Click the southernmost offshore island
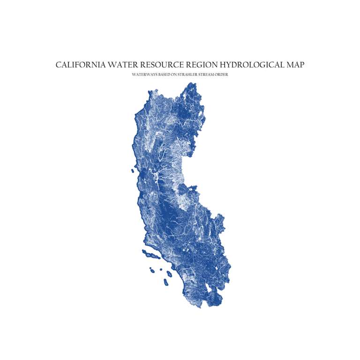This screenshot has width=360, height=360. [x=166, y=282]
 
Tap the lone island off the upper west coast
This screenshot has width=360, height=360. [x=133, y=171]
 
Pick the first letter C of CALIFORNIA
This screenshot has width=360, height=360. [x=59, y=65]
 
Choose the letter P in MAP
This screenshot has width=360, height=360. [x=301, y=65]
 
